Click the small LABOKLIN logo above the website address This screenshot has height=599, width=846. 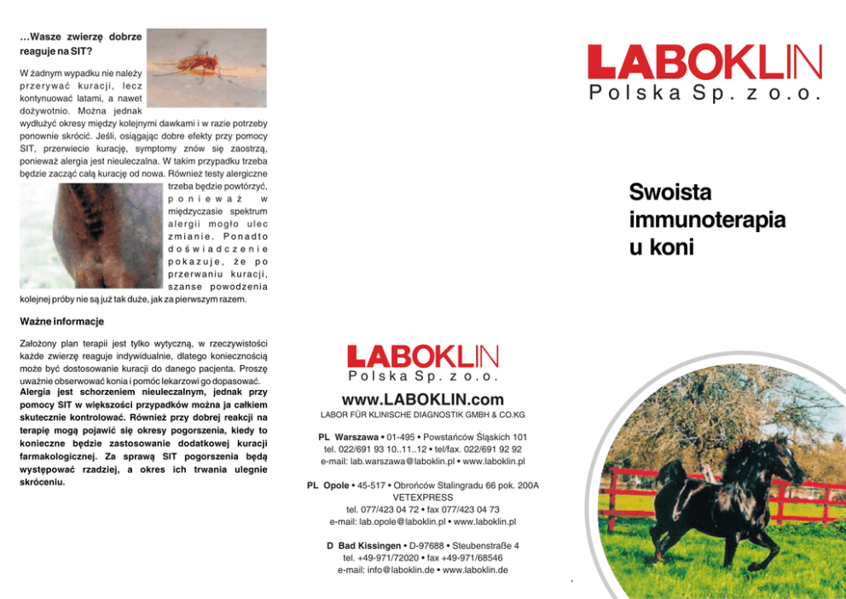(423, 356)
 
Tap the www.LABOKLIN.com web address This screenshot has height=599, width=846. (423, 400)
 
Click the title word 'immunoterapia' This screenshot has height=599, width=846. (707, 219)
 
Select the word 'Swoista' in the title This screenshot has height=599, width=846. (670, 191)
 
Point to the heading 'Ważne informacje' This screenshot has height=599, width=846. (61, 322)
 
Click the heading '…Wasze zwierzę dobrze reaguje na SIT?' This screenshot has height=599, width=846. (80, 44)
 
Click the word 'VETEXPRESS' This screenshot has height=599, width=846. (422, 497)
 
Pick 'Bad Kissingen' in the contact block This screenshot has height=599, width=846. (359, 545)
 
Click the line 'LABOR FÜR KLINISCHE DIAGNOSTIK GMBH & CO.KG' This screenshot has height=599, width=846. (422, 416)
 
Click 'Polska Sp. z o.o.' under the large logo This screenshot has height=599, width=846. (704, 95)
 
